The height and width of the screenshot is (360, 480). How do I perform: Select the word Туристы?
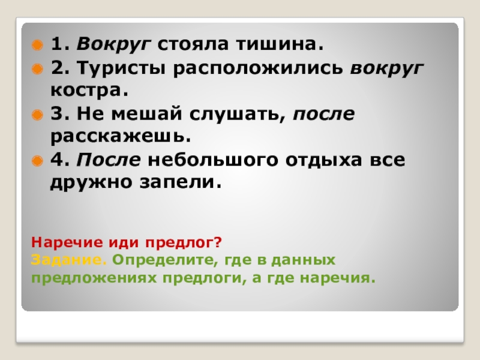[x=117, y=68]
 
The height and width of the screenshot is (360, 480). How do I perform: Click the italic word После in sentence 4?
[x=108, y=160]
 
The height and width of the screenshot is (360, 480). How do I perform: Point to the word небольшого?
[x=211, y=160]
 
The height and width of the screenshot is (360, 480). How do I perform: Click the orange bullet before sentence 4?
[x=37, y=161]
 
